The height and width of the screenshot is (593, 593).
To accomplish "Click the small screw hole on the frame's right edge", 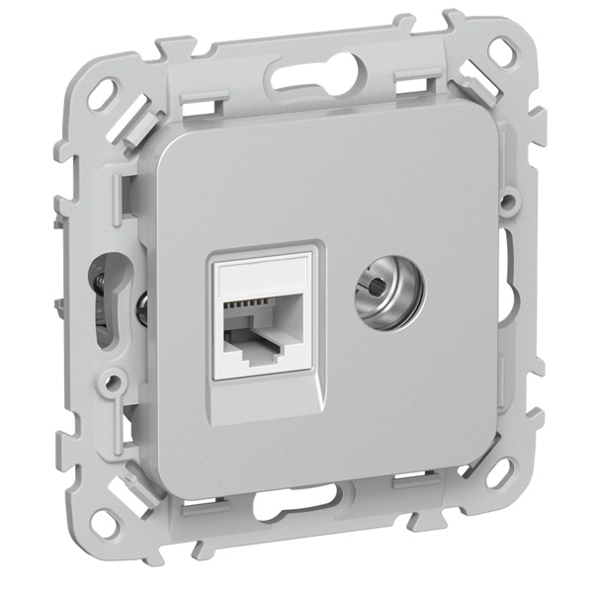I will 508,203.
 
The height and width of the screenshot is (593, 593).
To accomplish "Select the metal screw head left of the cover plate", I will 139,309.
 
